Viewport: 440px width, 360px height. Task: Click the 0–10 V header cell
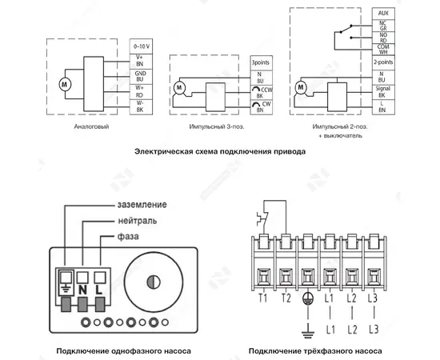click(141, 47)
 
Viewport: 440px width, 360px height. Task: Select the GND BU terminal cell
click(141, 75)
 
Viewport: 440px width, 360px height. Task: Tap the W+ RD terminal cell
click(141, 90)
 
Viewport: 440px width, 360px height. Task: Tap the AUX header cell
click(381, 15)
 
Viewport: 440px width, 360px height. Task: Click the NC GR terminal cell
click(381, 26)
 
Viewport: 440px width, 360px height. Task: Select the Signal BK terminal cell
click(381, 91)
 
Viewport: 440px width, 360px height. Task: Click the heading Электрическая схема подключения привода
click(219, 151)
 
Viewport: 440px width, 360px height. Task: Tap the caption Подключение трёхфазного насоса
click(315, 350)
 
